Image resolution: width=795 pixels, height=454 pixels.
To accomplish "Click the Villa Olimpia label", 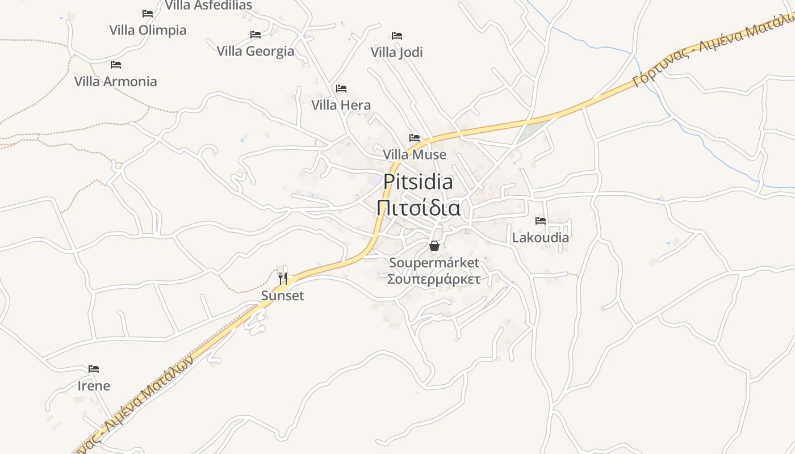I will click(x=148, y=30).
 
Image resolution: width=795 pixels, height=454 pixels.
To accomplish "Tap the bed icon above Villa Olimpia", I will click(x=148, y=13).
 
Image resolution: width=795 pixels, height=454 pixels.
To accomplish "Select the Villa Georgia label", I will click(x=256, y=51).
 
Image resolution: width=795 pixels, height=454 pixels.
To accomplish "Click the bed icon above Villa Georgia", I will click(x=256, y=35).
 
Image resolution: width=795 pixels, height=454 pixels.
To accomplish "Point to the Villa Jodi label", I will click(x=397, y=52).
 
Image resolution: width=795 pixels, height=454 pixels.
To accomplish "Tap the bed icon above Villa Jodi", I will click(x=397, y=35).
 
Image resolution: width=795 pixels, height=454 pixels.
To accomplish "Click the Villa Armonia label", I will click(x=116, y=81).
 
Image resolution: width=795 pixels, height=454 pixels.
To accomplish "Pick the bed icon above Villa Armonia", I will click(x=116, y=64).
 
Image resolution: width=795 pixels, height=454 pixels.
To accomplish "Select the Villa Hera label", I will click(x=341, y=105).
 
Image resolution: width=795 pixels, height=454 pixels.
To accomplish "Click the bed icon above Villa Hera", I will click(x=341, y=88).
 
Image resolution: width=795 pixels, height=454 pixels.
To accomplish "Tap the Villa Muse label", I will click(x=415, y=154).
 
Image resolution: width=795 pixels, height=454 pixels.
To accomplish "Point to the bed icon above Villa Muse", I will click(x=415, y=138).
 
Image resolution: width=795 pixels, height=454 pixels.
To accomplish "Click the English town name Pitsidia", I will click(x=418, y=182).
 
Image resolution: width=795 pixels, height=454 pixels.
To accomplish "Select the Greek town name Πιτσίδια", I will click(x=418, y=208).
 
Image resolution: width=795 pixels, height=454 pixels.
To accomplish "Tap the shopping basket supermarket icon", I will click(x=434, y=246).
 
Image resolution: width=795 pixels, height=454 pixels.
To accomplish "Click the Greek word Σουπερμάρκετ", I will click(x=434, y=279).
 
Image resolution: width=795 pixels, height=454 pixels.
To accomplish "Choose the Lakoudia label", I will click(x=540, y=237).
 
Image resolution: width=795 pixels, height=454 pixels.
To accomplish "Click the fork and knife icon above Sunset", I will click(x=283, y=278).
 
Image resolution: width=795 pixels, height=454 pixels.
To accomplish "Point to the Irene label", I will click(x=94, y=386).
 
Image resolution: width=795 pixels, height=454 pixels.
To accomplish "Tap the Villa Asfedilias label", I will click(x=208, y=6).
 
